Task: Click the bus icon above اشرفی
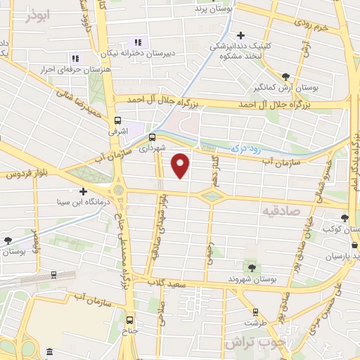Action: [117, 120]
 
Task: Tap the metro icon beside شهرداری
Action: [151, 136]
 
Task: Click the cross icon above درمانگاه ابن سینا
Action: [83, 191]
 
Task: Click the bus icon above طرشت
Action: [254, 311]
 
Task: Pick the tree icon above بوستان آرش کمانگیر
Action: [285, 77]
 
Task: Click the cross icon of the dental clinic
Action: [240, 34]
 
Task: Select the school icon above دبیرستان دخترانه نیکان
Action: [137, 41]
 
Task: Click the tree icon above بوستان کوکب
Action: [345, 218]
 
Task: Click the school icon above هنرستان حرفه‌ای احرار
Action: [75, 58]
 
